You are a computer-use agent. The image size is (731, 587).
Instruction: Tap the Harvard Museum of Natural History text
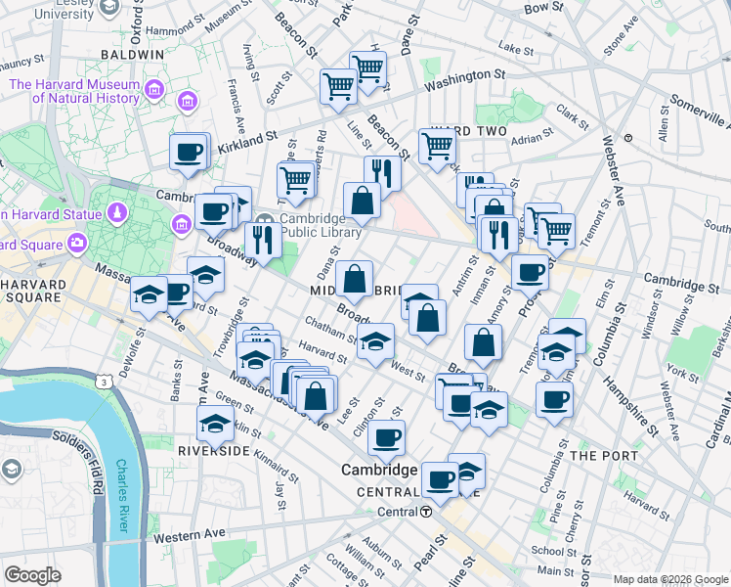[74, 91]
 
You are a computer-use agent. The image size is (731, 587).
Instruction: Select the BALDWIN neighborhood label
[130, 56]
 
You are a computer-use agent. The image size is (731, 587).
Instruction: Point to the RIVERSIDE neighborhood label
[214, 451]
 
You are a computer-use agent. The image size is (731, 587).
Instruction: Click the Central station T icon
[427, 512]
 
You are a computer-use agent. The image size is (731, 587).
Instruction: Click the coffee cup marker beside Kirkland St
[189, 153]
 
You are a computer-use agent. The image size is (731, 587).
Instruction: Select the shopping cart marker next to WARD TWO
[437, 146]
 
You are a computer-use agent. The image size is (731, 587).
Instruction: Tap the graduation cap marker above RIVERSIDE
[214, 423]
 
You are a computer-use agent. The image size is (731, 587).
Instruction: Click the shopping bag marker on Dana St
[354, 279]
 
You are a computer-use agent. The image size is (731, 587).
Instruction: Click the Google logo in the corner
[33, 575]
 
